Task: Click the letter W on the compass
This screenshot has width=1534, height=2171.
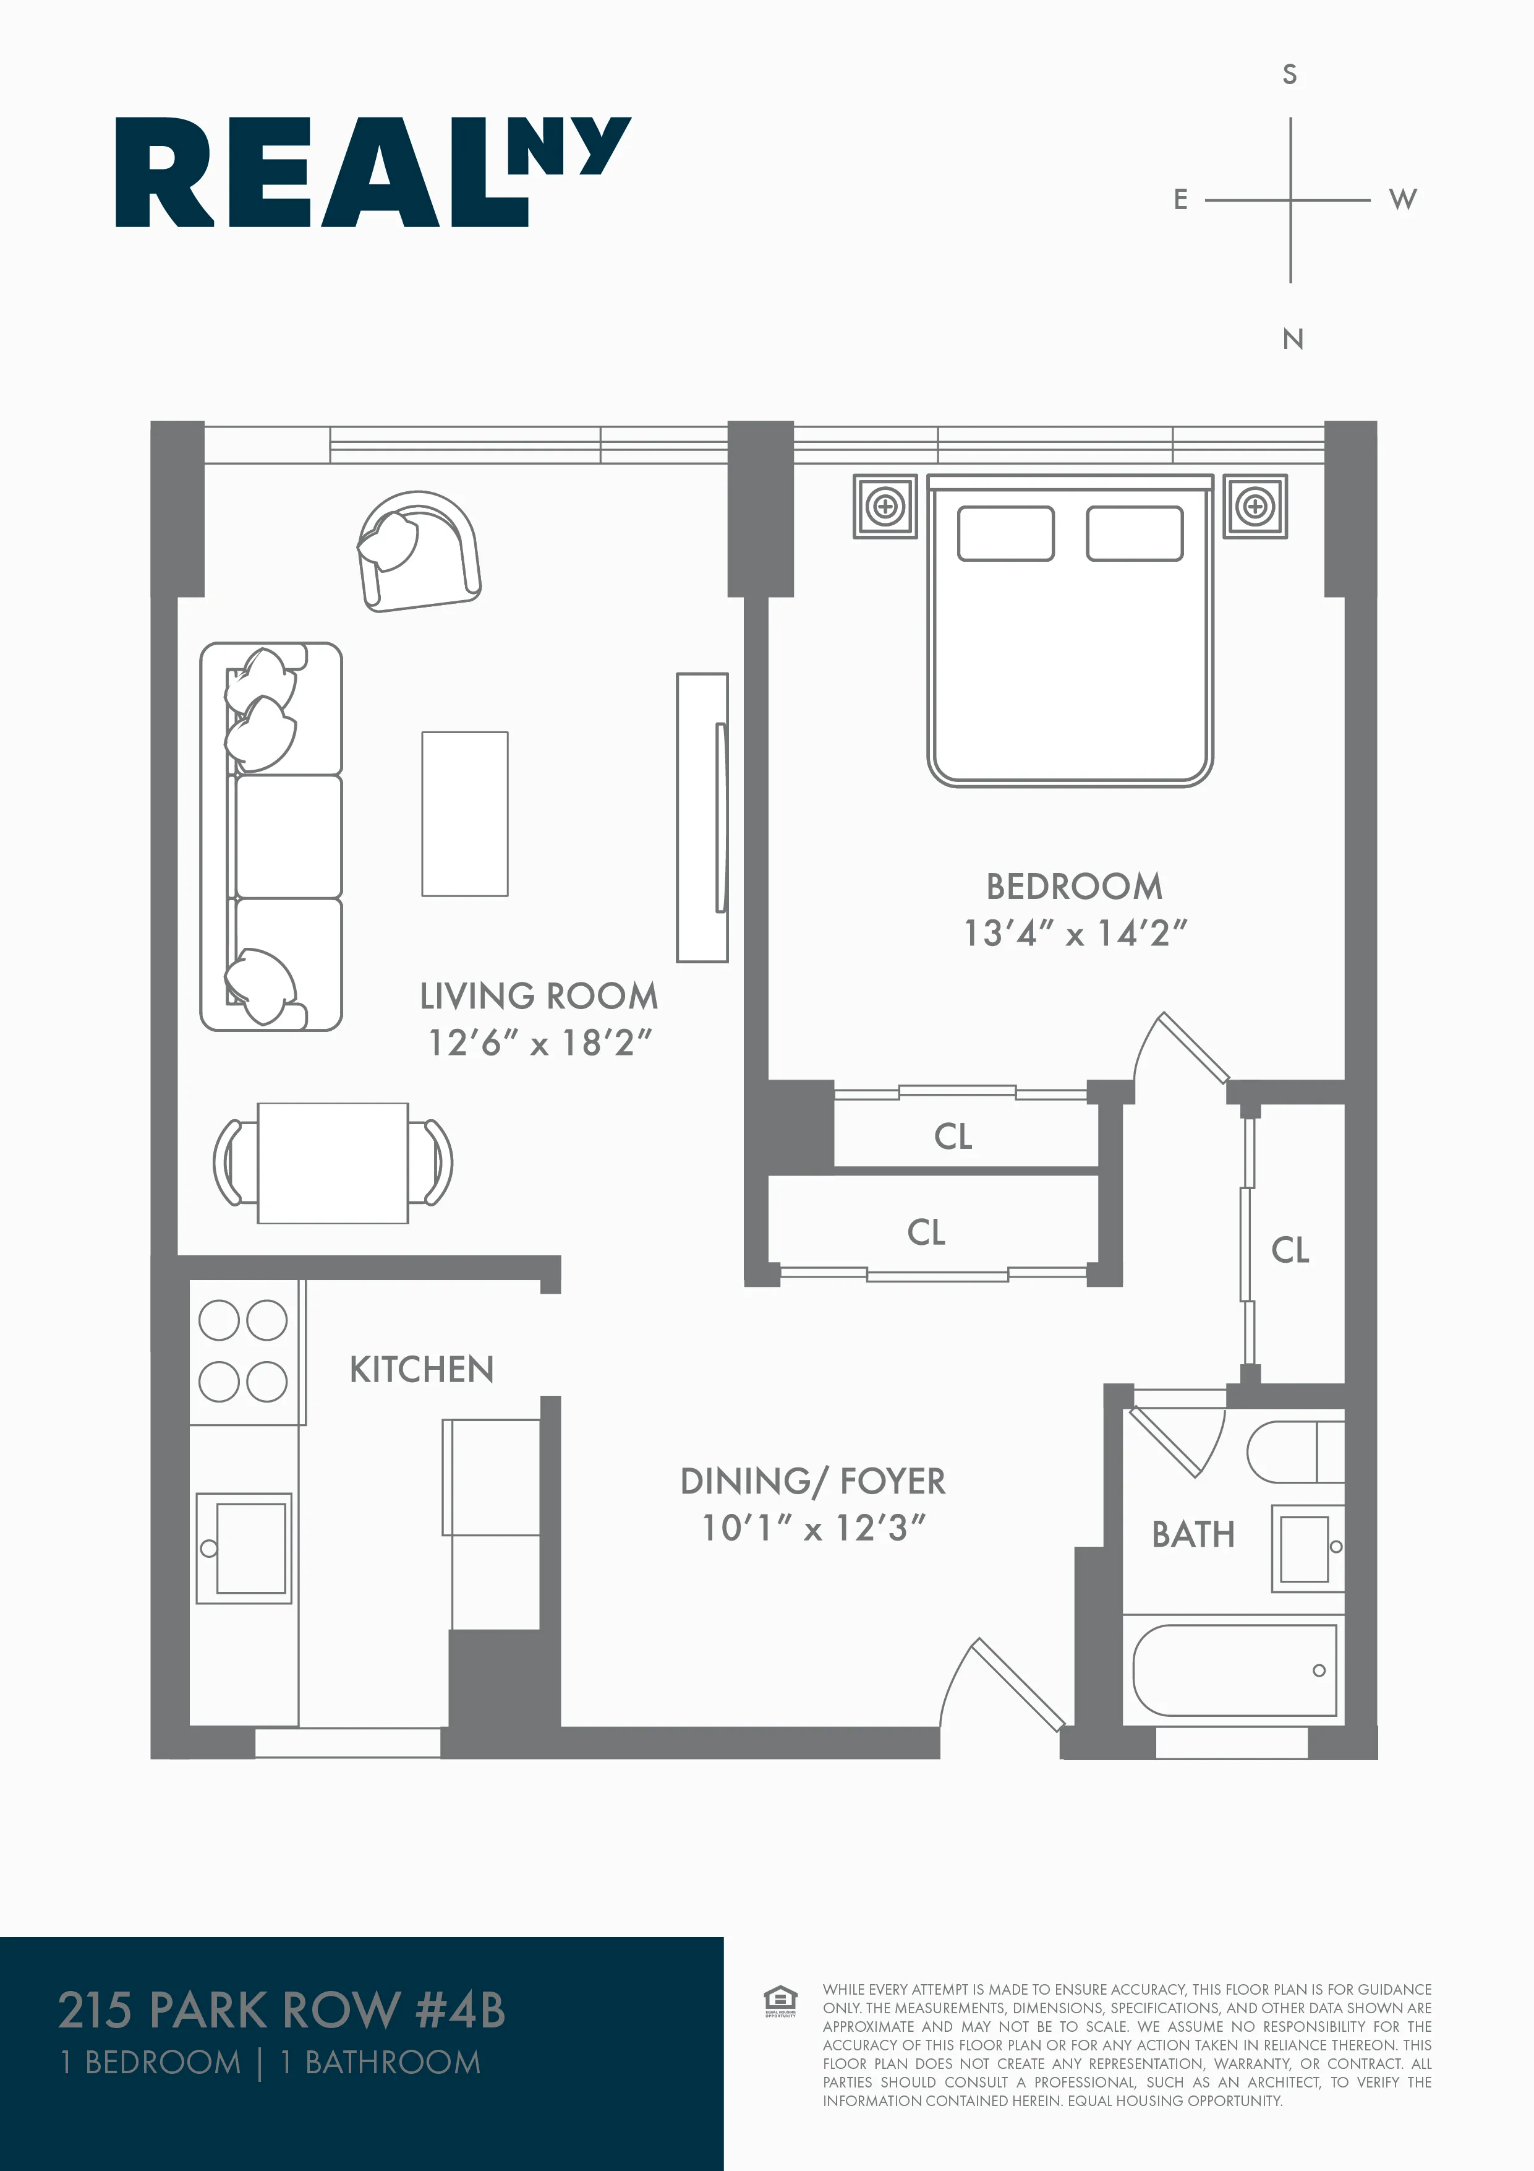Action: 1403,199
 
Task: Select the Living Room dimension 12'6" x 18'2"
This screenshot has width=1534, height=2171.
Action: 540,1044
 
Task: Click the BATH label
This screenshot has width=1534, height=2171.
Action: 1193,1534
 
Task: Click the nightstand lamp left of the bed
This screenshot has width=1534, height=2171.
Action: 885,507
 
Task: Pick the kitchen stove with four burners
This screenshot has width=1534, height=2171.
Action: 243,1351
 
